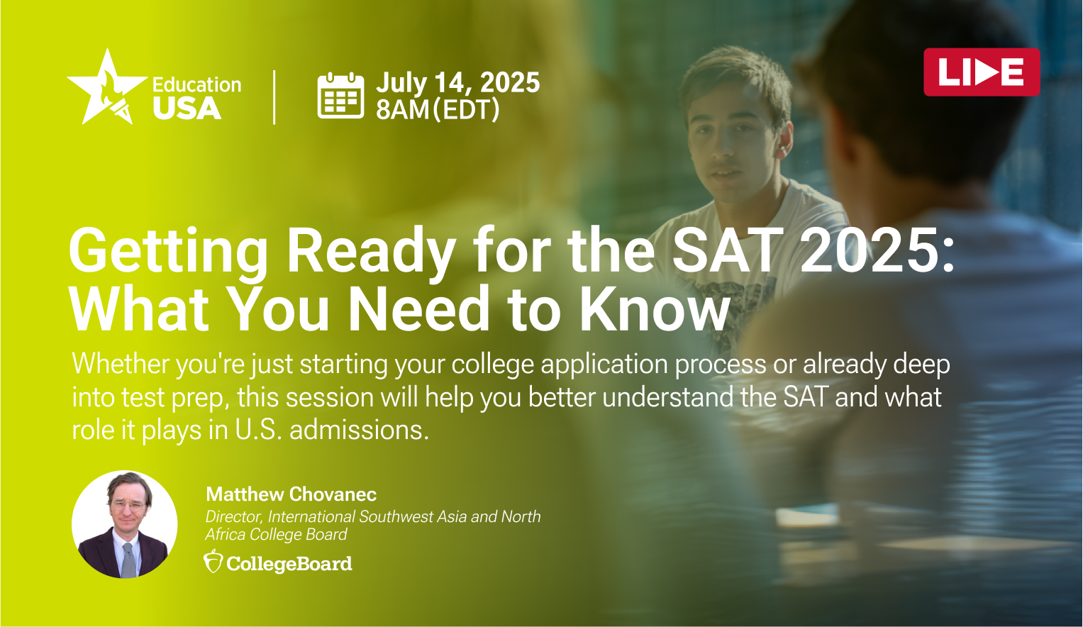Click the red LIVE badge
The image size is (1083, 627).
(x=982, y=72)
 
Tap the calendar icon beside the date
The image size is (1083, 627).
(x=340, y=95)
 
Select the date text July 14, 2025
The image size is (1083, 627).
(x=458, y=82)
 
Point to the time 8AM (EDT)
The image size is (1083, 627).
(x=438, y=110)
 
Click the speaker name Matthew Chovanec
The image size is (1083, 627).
(x=291, y=494)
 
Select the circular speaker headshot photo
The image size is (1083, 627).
(x=125, y=524)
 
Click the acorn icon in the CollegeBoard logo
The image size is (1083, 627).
(x=213, y=562)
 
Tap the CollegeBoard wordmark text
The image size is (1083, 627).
(x=289, y=564)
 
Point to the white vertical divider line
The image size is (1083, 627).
(x=274, y=97)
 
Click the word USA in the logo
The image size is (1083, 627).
(x=187, y=108)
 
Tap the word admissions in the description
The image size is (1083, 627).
(x=360, y=429)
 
